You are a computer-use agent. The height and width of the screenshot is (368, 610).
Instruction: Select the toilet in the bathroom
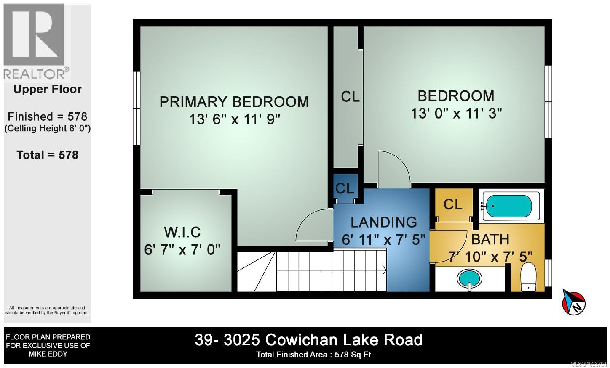click(528, 278)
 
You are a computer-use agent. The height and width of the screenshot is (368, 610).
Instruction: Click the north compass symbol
click(574, 301)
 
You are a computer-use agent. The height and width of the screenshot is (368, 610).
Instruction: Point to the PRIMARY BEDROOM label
click(234, 102)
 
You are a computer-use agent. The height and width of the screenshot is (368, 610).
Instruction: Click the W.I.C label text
click(182, 232)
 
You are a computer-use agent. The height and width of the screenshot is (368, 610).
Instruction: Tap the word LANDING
click(383, 222)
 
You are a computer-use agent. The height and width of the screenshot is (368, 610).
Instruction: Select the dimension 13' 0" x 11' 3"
click(456, 114)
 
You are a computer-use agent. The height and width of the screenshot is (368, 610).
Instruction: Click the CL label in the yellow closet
click(453, 204)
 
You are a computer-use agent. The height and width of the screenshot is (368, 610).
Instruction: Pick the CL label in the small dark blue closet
click(345, 188)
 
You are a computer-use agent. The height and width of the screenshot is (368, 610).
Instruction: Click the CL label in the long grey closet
click(350, 97)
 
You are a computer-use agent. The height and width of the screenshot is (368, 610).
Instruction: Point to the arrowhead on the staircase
click(384, 270)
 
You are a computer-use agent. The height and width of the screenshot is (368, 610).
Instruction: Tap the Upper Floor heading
click(48, 89)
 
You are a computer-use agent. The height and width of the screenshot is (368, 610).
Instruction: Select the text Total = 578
click(48, 155)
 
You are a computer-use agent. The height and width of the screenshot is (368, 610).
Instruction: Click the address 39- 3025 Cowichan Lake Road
click(308, 340)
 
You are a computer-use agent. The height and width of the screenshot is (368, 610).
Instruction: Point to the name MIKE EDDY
click(48, 354)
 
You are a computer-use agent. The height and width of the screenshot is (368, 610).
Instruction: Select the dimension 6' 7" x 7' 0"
click(182, 250)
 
